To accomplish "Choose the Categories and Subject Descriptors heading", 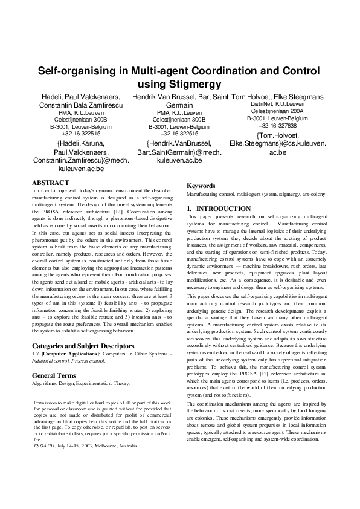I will (x=82, y=346).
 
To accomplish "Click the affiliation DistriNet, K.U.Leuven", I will (x=277, y=105).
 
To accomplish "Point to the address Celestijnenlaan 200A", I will (x=277, y=112).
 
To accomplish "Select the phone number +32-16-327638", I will (x=277, y=126).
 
